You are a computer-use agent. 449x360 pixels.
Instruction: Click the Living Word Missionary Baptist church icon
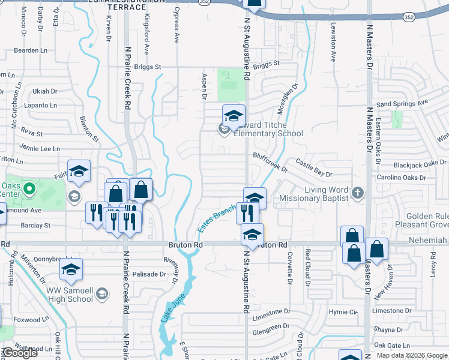coord(358,193)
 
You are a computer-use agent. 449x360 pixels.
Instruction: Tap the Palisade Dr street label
coord(149,274)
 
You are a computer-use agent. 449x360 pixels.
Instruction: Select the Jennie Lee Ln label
coord(40,148)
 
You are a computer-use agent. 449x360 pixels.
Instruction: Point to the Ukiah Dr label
coord(45,91)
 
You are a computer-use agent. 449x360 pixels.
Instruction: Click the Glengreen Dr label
coord(267,328)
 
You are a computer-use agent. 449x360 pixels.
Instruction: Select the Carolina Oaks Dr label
coord(401,178)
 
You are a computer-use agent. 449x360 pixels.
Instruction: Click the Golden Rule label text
coord(427,216)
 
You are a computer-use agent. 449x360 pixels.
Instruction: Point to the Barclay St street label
coord(35,226)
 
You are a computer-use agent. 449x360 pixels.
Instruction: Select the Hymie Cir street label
coord(343,312)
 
